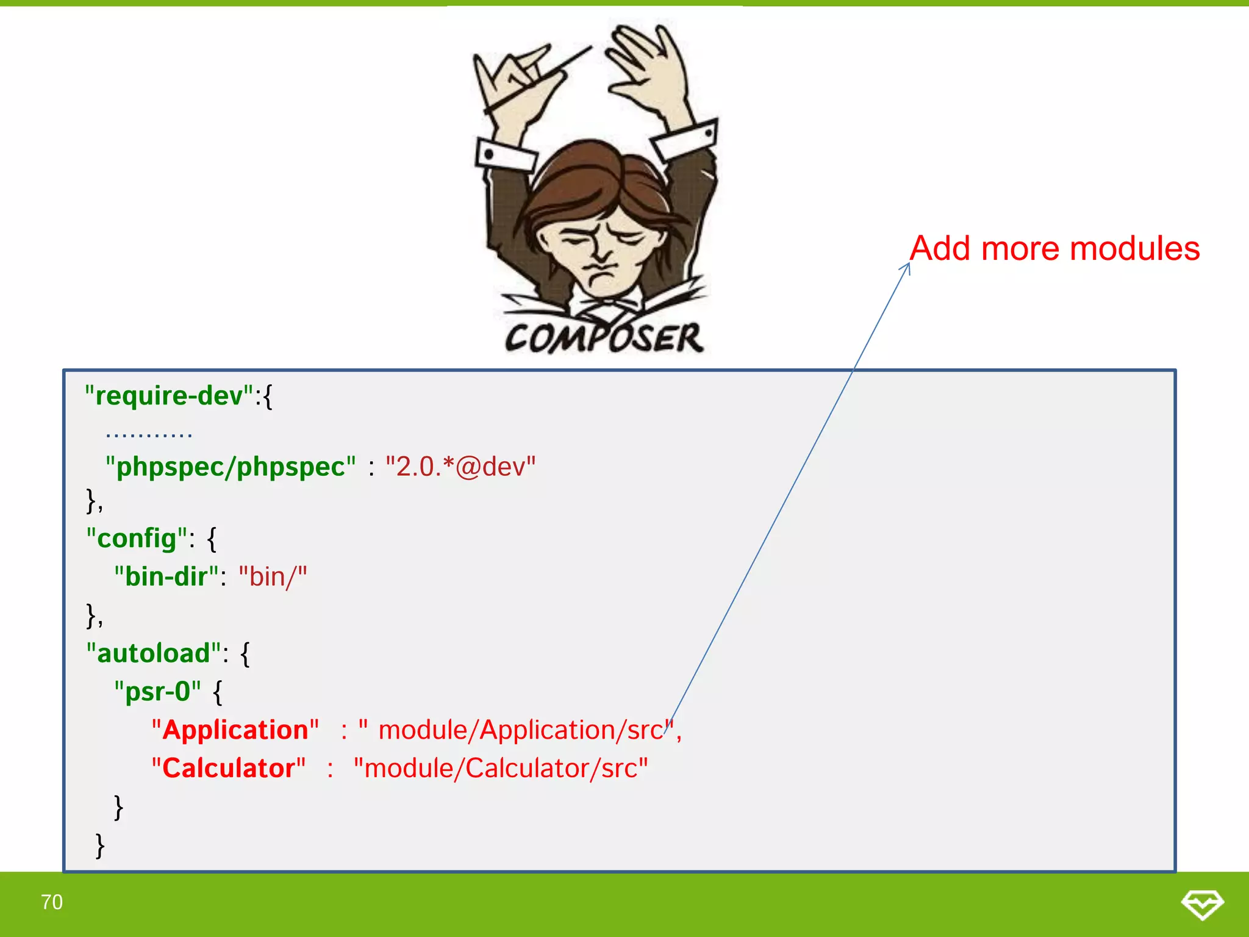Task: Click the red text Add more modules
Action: click(x=1054, y=249)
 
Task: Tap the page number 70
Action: click(x=52, y=902)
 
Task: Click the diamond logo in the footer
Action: click(x=1202, y=904)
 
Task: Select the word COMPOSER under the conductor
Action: click(x=604, y=338)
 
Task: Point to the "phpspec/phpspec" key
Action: click(x=231, y=467)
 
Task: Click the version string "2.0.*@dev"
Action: click(x=460, y=467)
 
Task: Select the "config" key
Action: click(x=137, y=538)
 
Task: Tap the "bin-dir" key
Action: click(x=166, y=576)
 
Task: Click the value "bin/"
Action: click(x=273, y=576)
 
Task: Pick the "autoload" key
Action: click(x=154, y=653)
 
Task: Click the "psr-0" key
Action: click(x=157, y=691)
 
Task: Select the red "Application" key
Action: click(x=235, y=730)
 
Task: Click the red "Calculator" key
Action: click(x=229, y=768)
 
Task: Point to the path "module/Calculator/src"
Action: click(x=501, y=768)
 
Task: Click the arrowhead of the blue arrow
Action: click(x=907, y=267)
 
